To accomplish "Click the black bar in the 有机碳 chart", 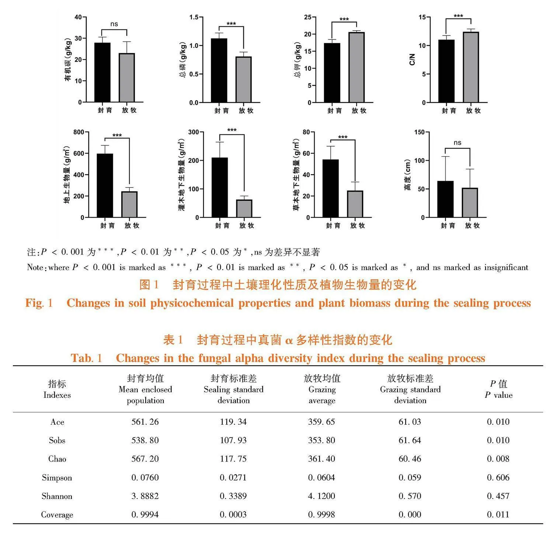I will [102, 72].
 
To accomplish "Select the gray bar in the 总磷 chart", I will [244, 80].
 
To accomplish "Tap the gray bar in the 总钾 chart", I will [357, 67].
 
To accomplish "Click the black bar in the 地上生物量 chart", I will [105, 185].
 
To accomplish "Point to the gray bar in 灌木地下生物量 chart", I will [244, 208].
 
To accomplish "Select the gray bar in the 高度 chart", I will [470, 203].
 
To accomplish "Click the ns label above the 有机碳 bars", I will [114, 24].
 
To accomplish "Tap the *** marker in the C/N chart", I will [458, 16].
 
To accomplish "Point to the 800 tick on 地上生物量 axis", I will [79, 132].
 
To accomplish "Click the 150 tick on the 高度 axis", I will [420, 132].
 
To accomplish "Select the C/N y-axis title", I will [412, 59].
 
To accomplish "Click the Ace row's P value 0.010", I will [498, 422].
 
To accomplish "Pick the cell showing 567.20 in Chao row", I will [145, 459].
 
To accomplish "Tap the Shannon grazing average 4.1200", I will [321, 496].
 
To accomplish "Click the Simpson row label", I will [57, 478].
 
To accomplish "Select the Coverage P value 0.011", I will [498, 515].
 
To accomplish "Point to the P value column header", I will [498, 389].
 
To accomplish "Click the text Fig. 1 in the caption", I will [39, 303].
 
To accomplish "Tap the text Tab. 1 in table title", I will [86, 358].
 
